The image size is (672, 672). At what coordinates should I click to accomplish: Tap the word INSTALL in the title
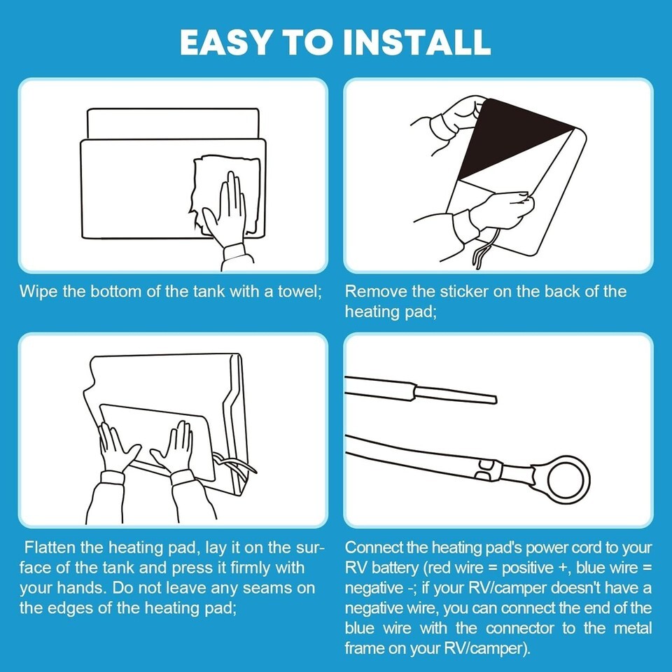[418, 42]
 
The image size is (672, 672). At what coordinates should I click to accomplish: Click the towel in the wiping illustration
[225, 195]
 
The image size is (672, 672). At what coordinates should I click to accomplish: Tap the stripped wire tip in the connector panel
[456, 394]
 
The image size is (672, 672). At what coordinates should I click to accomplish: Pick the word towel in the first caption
[300, 291]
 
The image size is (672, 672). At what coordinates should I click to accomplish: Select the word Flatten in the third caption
[49, 547]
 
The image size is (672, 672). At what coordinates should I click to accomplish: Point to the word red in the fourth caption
[437, 568]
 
